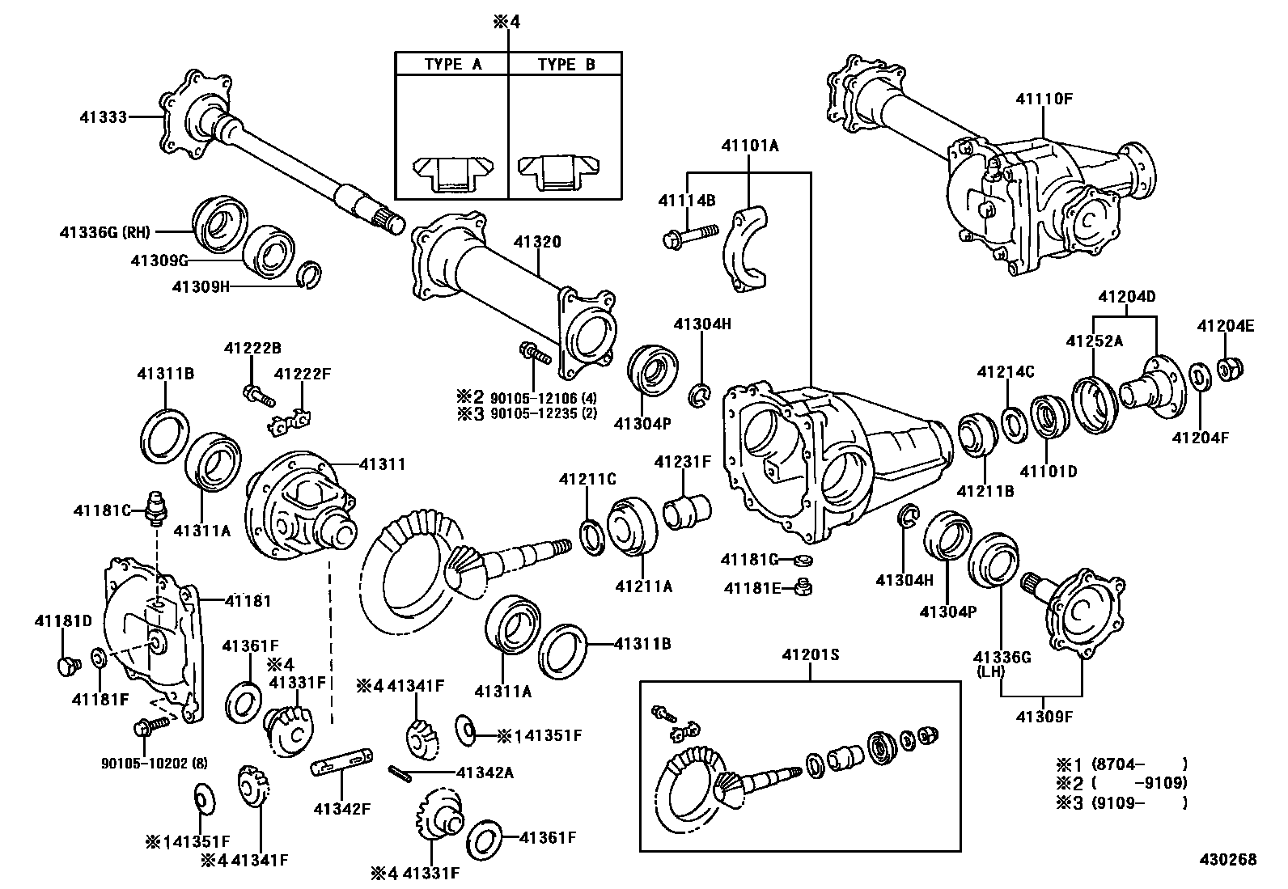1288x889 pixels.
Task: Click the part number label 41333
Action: pos(104,117)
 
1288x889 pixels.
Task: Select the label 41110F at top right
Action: pos(1044,99)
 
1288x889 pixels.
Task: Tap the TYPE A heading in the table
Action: pos(452,65)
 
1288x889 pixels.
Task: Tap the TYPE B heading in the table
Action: pos(566,65)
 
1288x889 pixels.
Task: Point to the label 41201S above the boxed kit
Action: pos(810,654)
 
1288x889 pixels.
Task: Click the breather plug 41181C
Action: pos(155,506)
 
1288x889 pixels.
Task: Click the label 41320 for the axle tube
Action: pos(537,242)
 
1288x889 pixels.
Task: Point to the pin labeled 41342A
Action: pos(400,773)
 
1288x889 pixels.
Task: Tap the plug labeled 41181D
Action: pos(66,665)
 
